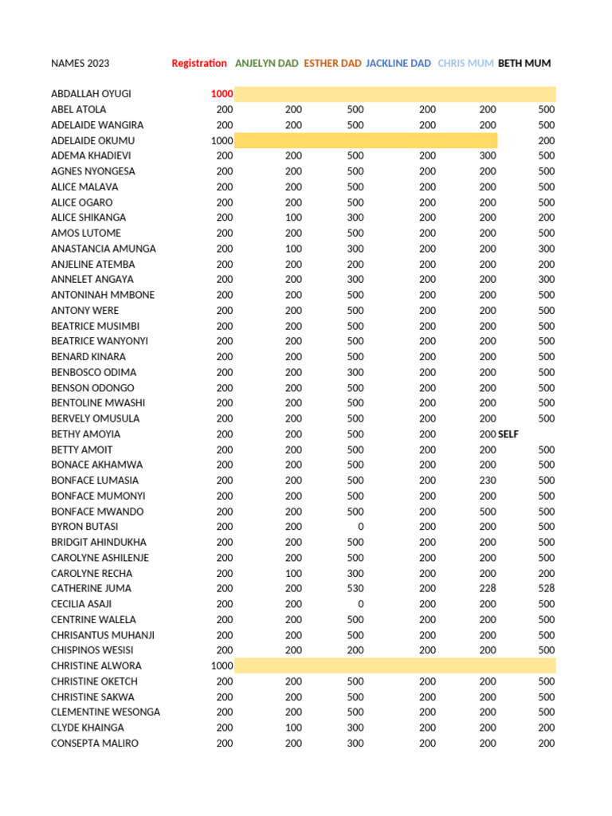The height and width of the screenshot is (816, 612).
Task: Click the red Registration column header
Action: coord(199,64)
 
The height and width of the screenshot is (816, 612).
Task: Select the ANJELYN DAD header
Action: coord(267,64)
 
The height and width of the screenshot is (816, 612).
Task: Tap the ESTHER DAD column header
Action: coord(332,64)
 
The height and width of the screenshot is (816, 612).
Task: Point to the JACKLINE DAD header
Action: coord(398,64)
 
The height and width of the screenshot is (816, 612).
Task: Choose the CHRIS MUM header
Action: coord(465,64)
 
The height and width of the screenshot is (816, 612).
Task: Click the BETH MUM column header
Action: coord(524,64)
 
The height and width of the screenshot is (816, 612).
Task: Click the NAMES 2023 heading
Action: coord(80,64)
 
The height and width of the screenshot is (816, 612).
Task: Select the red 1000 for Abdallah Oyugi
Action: coord(222,94)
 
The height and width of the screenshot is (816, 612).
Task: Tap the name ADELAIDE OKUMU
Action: coord(92,141)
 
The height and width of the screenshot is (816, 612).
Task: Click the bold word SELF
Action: coord(508,434)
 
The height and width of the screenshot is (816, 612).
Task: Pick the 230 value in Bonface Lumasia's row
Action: coord(488,481)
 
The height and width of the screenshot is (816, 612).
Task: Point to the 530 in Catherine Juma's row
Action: coord(355,589)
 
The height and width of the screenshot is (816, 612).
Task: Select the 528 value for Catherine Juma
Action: coord(546,589)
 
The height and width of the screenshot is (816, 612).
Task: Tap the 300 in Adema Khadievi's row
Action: coord(488,156)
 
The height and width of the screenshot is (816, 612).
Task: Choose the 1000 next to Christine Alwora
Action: coord(222,666)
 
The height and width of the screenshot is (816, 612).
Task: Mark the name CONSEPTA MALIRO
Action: coord(95,743)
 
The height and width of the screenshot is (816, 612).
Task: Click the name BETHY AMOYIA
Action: coord(86,434)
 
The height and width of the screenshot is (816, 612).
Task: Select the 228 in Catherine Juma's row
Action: coord(488,589)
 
